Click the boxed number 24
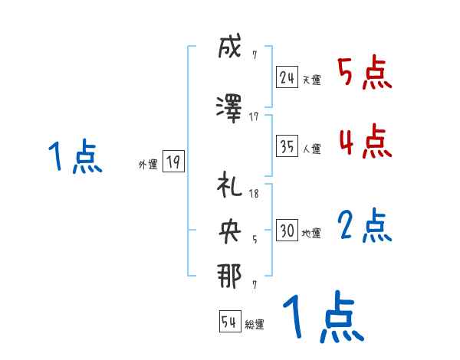click(x=287, y=77)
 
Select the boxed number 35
click(x=287, y=146)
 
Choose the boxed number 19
click(x=172, y=162)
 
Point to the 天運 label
click(x=311, y=80)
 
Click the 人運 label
click(x=311, y=149)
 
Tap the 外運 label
click(x=148, y=164)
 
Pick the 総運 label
click(x=255, y=325)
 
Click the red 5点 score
click(x=365, y=74)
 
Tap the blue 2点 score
click(x=365, y=227)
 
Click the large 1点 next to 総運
click(x=323, y=318)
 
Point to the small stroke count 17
click(x=255, y=117)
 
